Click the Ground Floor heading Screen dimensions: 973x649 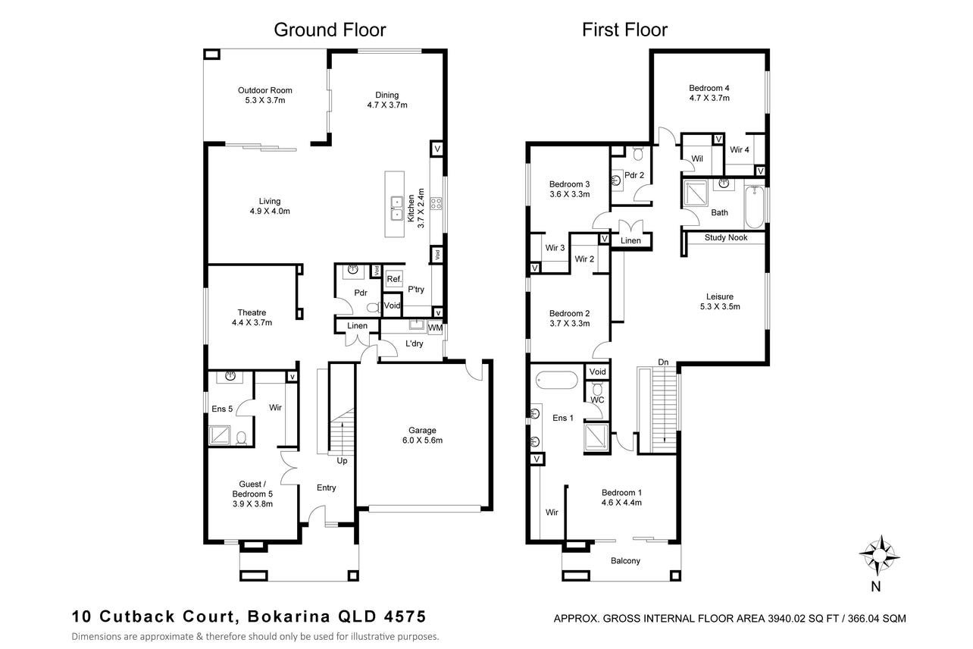click(x=330, y=30)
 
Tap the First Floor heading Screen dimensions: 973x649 click(x=624, y=30)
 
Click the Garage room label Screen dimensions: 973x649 click(x=422, y=431)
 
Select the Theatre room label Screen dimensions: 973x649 click(x=252, y=312)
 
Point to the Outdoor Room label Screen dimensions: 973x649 click(x=265, y=90)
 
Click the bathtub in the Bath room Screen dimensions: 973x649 click(x=755, y=206)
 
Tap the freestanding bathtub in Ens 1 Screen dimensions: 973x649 click(x=556, y=380)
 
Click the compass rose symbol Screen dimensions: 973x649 click(x=880, y=556)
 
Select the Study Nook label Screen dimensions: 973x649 click(x=726, y=238)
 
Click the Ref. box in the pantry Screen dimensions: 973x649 click(x=394, y=279)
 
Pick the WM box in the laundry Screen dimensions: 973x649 click(x=435, y=328)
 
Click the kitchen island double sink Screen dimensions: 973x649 click(x=396, y=208)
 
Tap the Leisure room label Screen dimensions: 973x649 click(x=720, y=296)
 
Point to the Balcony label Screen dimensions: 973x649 click(x=625, y=561)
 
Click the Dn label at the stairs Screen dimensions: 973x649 click(x=663, y=362)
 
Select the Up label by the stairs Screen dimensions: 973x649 click(x=342, y=461)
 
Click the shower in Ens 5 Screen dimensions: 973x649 click(x=219, y=435)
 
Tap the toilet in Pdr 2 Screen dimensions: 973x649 click(x=638, y=153)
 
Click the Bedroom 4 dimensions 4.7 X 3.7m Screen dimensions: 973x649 click(x=709, y=99)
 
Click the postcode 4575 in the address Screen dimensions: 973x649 click(x=405, y=616)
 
